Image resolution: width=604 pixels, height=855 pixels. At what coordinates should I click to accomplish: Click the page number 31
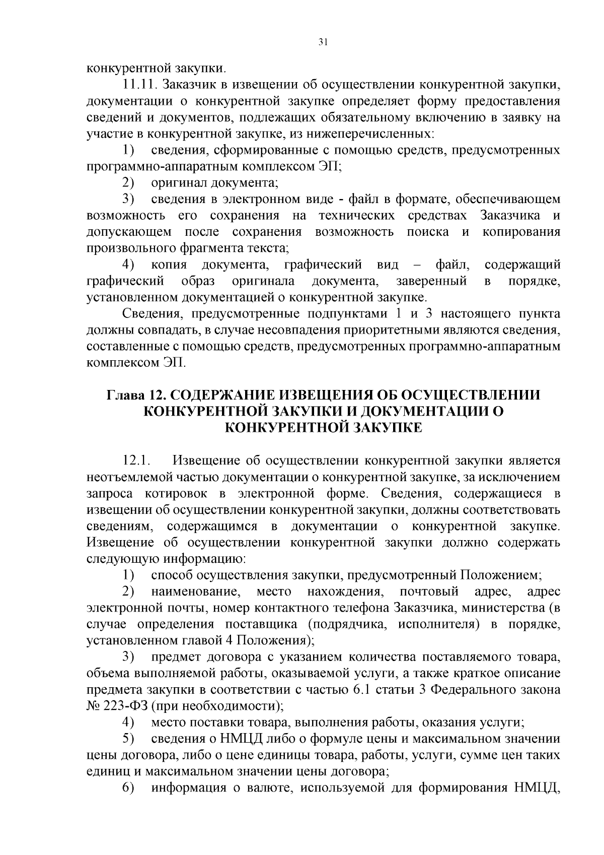[323, 42]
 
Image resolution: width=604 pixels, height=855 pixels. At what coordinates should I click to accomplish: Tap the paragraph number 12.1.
[136, 461]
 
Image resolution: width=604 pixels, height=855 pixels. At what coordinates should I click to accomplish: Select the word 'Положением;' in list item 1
[499, 575]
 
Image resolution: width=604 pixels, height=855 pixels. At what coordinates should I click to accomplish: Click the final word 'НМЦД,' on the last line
[537, 787]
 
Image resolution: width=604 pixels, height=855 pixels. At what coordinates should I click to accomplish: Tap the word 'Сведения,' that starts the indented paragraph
[148, 313]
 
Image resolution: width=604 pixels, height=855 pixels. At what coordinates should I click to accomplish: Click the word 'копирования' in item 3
[521, 232]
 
